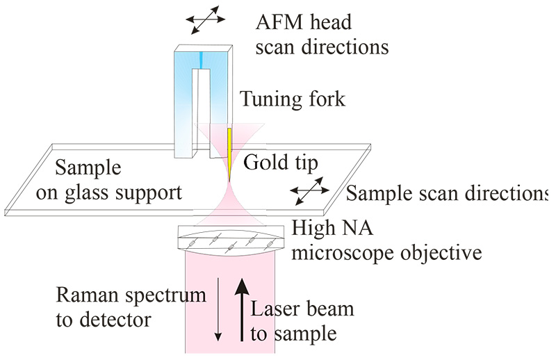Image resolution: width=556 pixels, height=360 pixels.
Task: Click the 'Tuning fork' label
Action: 293,100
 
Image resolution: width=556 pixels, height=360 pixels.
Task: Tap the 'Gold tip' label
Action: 281,164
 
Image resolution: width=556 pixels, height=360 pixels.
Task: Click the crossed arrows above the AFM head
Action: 203,22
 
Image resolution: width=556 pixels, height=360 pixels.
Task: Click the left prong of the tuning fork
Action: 183,111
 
